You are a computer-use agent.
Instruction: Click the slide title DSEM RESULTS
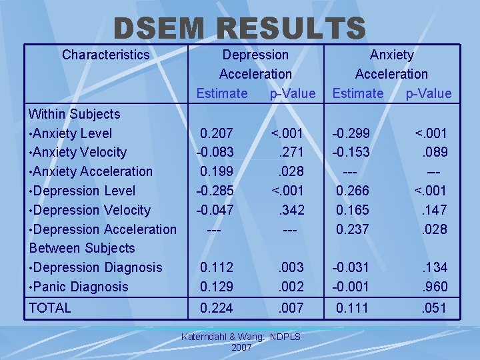click(240, 28)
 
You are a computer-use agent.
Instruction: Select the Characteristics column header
click(105, 55)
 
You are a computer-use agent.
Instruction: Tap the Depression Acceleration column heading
click(255, 64)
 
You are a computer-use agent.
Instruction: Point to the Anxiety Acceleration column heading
click(391, 64)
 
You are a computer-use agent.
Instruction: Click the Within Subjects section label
click(75, 114)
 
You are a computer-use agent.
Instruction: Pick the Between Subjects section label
click(82, 248)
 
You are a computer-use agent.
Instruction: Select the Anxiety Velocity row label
click(78, 153)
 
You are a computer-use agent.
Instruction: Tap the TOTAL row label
click(50, 308)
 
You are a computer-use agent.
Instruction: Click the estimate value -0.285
click(215, 191)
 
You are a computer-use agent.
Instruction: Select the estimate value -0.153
click(351, 153)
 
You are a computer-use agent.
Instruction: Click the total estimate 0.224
click(217, 308)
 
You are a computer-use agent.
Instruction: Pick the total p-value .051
click(434, 308)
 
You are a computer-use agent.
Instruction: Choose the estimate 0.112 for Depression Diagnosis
click(217, 267)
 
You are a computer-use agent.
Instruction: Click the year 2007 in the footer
click(241, 347)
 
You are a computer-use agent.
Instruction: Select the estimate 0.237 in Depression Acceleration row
click(353, 229)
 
